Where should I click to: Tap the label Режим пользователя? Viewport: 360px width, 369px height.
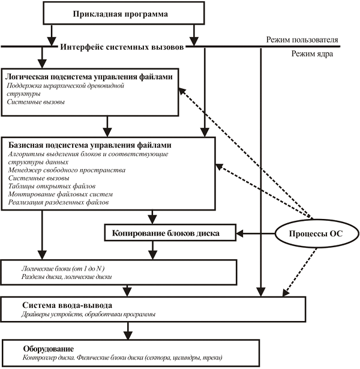[302, 40]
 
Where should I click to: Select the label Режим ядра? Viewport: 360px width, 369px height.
[312, 53]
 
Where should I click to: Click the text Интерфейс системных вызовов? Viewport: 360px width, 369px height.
[122, 47]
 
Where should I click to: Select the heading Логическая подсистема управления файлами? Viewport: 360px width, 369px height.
[89, 76]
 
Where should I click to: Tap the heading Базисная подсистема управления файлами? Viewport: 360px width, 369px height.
[89, 145]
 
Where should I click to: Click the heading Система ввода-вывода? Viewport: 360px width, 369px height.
[67, 305]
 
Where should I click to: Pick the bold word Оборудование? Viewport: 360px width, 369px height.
[48, 349]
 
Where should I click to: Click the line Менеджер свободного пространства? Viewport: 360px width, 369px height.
[67, 170]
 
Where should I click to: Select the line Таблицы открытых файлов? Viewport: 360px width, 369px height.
[52, 186]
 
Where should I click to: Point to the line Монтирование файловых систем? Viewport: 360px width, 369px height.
[61, 194]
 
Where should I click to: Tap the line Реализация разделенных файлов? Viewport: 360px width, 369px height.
[58, 202]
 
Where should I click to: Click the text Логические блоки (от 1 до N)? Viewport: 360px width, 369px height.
[63, 269]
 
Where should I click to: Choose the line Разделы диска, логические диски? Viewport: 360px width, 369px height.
[67, 277]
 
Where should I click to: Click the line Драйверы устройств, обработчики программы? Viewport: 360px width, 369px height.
[88, 314]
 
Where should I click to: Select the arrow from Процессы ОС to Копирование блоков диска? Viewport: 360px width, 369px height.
[256, 233]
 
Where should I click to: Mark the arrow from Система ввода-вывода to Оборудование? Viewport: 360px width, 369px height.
[128, 331]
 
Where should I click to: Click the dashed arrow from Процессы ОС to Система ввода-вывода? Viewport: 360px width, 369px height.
[299, 272]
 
